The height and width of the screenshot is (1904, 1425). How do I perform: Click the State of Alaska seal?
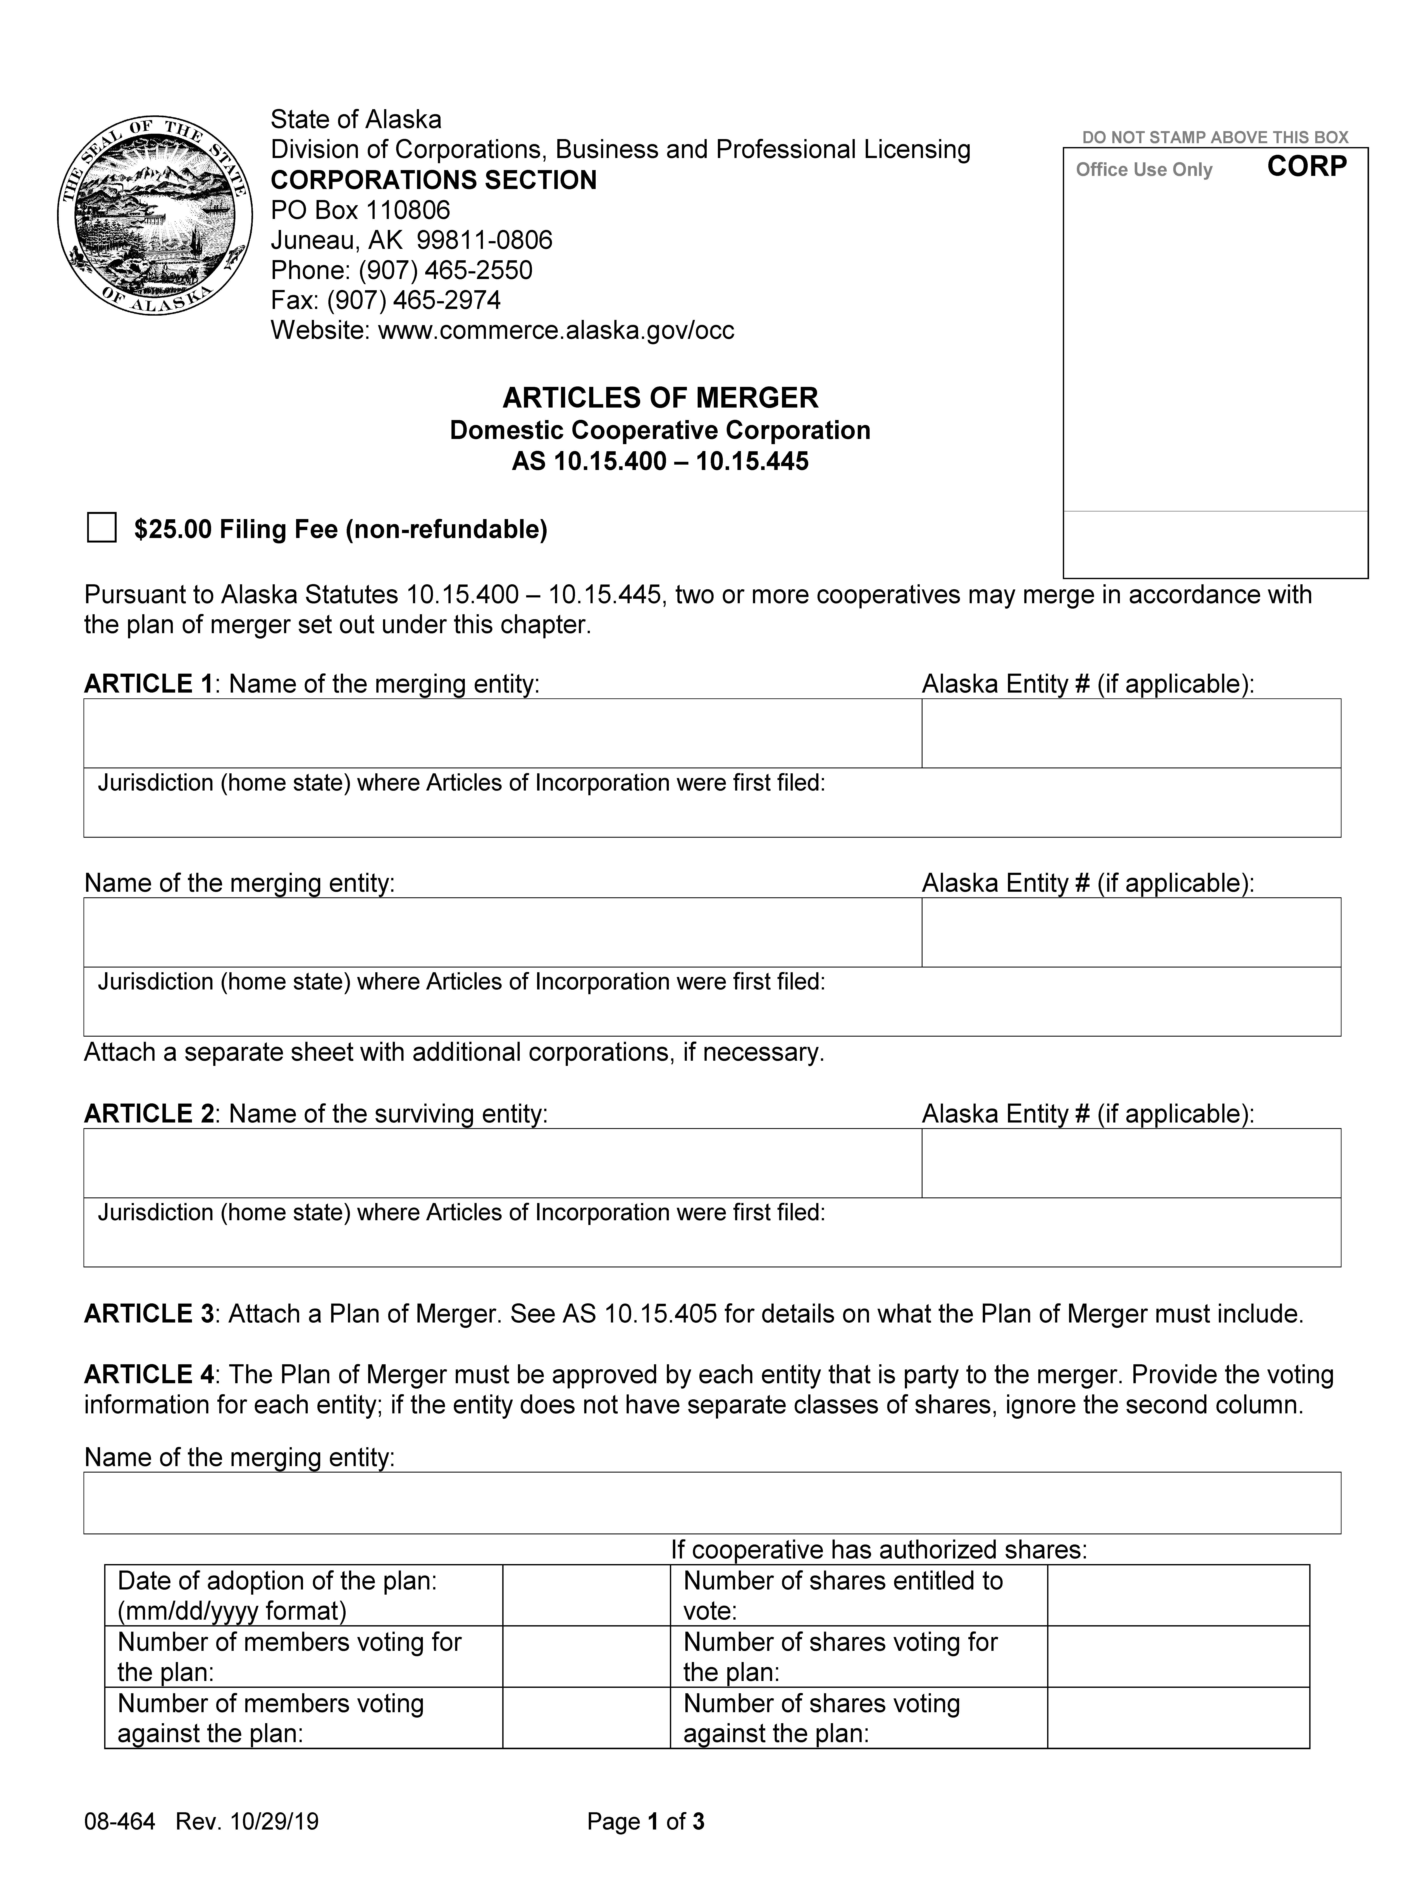pos(155,215)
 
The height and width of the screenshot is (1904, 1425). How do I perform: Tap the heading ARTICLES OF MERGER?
pos(660,398)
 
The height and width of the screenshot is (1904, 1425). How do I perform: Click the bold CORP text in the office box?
pos(1306,166)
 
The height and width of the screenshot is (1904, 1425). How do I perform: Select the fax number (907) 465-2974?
pos(385,299)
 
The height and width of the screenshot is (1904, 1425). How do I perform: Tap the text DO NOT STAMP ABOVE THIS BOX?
pos(1214,137)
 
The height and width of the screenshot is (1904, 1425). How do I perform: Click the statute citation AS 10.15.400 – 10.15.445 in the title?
pos(660,461)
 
